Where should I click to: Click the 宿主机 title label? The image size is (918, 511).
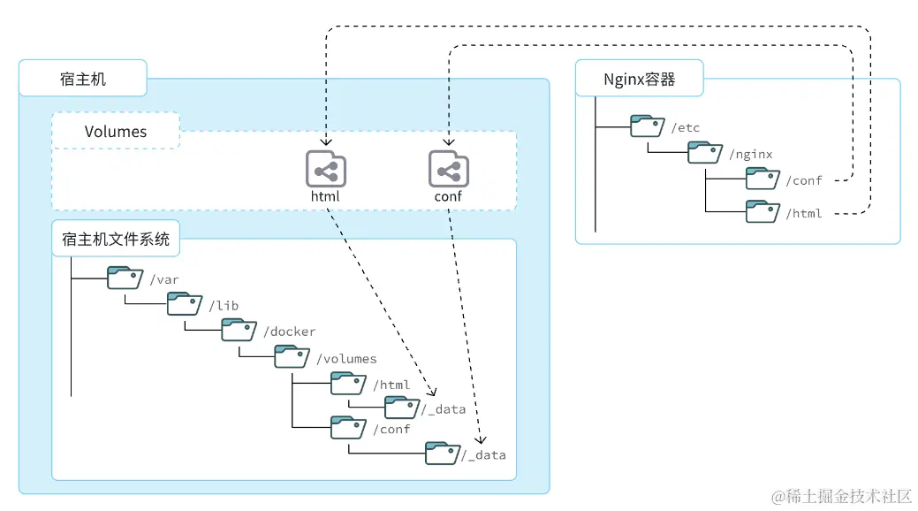click(82, 79)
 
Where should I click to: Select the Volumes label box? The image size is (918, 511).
click(116, 131)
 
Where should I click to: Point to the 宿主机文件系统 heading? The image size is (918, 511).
click(115, 239)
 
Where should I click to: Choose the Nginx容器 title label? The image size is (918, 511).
click(639, 79)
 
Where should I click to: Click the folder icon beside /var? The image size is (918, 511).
click(125, 278)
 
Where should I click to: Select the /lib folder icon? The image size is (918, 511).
click(185, 304)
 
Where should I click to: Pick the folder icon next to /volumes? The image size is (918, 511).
click(292, 356)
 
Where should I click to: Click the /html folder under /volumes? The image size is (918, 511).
click(348, 383)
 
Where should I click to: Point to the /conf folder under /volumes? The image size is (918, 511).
click(348, 427)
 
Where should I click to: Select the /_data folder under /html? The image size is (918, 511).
click(402, 407)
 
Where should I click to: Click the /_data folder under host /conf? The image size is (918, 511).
click(443, 453)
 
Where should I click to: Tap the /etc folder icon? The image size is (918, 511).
click(648, 126)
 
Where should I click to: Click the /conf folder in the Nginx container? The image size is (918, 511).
click(762, 179)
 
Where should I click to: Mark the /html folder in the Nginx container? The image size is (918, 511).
click(762, 211)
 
